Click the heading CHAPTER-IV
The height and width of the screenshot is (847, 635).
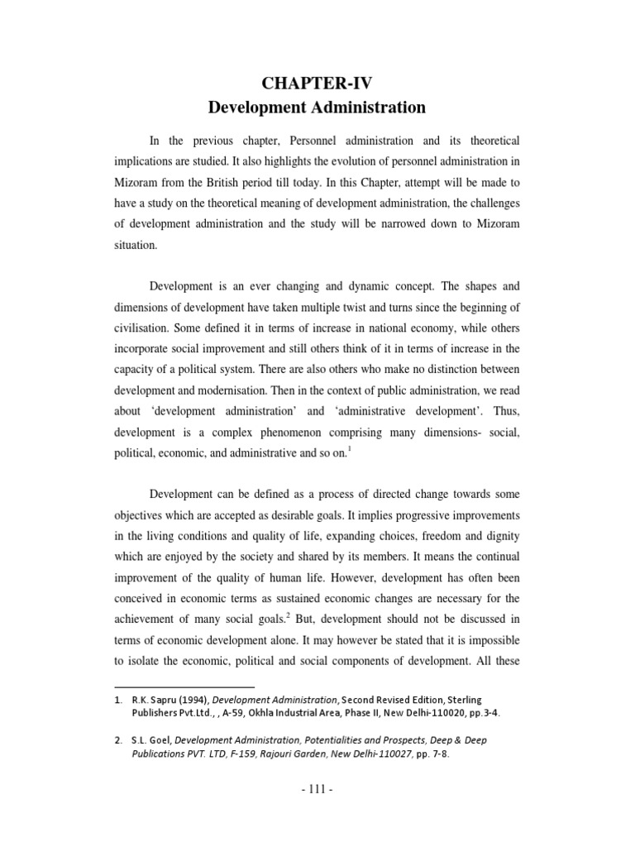pyautogui.click(x=317, y=81)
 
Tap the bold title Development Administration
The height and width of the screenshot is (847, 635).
pyautogui.click(x=317, y=108)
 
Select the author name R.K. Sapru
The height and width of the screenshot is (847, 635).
pyautogui.click(x=153, y=700)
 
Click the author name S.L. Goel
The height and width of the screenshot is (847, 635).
pyautogui.click(x=148, y=740)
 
